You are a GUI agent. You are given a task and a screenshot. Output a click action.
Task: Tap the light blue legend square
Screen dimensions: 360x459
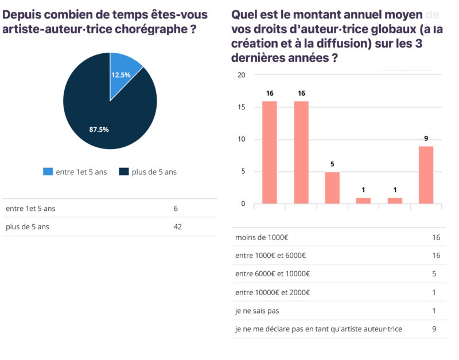(48, 172)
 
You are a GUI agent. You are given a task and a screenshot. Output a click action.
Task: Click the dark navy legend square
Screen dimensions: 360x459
(122, 172)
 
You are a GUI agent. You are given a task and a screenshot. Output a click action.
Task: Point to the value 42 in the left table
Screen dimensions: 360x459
(177, 226)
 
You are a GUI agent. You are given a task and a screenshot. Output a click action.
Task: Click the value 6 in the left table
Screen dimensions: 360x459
(176, 208)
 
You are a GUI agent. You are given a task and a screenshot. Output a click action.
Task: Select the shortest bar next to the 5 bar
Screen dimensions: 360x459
(364, 201)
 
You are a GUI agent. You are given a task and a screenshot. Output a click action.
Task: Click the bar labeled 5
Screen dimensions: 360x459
(332, 187)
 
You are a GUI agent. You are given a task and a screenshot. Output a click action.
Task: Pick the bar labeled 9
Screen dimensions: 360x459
(426, 175)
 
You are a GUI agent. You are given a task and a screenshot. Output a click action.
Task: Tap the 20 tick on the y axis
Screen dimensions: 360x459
(242, 75)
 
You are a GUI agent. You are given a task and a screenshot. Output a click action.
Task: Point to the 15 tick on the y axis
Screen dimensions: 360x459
(242, 107)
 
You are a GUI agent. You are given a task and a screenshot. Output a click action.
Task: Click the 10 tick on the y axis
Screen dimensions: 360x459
(242, 139)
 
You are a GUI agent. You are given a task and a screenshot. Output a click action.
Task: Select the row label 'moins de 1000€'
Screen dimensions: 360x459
(258, 237)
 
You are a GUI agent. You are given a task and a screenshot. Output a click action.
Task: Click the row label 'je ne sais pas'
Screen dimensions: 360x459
(257, 311)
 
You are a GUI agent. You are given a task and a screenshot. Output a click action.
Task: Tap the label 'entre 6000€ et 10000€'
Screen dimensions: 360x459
(273, 274)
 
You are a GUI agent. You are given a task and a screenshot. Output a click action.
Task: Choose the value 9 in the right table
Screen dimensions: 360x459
(434, 329)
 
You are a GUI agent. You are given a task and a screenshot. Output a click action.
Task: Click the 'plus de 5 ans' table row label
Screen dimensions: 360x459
(28, 226)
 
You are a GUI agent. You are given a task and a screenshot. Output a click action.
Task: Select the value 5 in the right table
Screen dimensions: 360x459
(434, 274)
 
